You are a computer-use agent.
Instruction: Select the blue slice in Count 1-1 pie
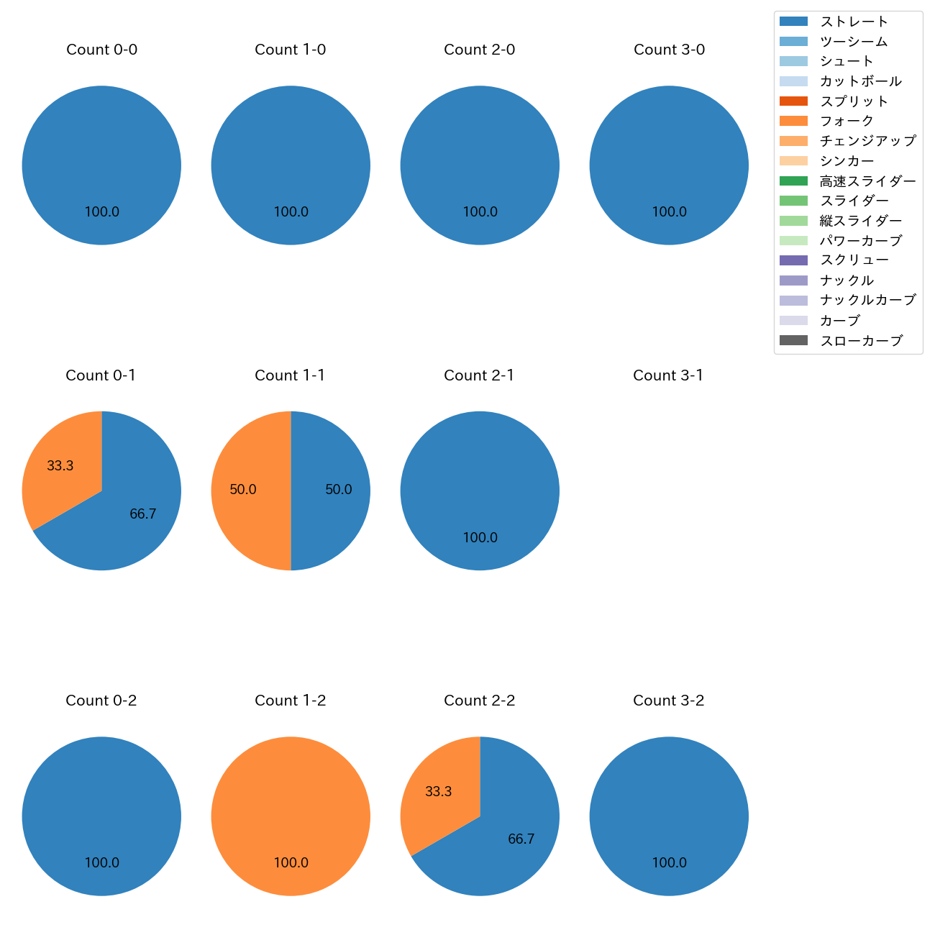point(331,491)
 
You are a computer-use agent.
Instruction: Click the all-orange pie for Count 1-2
point(291,816)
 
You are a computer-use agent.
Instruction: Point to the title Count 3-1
point(668,375)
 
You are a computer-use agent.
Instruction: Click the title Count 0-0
point(101,50)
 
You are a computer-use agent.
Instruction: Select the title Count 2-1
point(479,375)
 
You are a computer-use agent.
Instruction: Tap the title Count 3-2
point(668,701)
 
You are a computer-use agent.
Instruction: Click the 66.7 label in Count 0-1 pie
point(142,514)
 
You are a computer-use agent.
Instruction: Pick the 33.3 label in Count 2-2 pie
point(438,792)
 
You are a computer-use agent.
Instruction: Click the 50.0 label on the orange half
point(243,490)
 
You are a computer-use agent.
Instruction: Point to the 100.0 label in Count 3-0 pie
point(669,212)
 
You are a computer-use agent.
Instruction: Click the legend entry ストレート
point(854,22)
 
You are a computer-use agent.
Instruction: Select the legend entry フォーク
point(847,121)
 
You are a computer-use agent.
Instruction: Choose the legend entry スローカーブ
point(861,341)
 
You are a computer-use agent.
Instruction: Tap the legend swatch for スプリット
point(793,101)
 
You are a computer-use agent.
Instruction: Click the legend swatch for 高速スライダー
point(793,181)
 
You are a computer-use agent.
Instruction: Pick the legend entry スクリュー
point(854,260)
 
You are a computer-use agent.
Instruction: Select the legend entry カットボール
point(860,81)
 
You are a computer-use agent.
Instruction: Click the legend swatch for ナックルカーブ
point(793,301)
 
